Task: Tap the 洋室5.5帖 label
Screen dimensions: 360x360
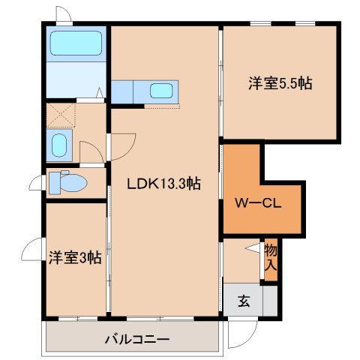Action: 280,84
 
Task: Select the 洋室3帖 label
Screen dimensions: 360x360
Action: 76,257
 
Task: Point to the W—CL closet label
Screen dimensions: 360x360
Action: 259,202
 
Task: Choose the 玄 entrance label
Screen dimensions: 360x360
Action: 244,301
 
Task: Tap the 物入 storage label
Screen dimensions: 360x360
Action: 271,256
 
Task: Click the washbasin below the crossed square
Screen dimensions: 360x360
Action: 59,145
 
